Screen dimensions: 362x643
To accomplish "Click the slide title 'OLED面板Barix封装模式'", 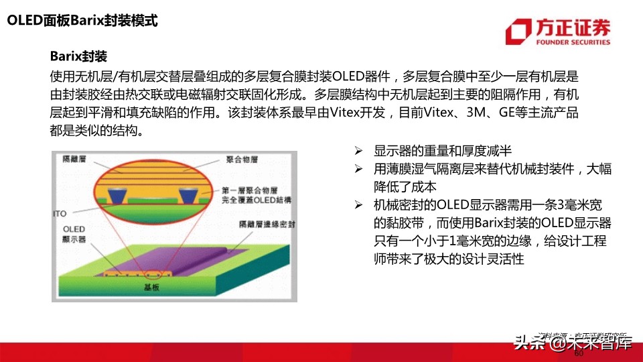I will [82, 21].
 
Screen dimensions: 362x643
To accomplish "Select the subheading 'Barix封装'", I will [78, 55].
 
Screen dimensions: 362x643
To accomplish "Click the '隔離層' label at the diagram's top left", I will [73, 159].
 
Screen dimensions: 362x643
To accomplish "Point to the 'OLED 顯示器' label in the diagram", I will [78, 234].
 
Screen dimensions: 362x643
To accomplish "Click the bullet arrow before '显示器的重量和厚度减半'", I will [359, 150].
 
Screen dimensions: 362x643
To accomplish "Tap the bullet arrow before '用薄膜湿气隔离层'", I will [359, 169].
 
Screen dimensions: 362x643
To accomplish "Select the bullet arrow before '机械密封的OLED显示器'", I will [359, 204].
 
